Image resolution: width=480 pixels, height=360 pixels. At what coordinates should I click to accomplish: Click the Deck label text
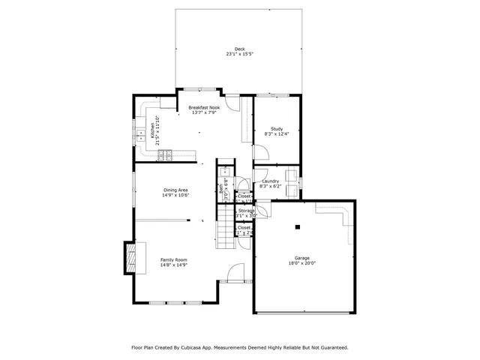coord(239,49)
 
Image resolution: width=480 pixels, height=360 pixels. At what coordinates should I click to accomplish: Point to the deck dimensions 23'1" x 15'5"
coord(239,54)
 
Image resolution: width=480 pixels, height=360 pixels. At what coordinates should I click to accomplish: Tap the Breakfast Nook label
coord(204,107)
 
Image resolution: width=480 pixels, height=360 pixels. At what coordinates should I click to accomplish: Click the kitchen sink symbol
coord(141,136)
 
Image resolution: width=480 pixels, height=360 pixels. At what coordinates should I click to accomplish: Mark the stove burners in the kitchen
coord(166,155)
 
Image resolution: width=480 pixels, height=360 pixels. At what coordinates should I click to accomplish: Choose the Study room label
coord(276,129)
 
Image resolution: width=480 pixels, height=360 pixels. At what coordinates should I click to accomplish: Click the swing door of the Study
coord(259,154)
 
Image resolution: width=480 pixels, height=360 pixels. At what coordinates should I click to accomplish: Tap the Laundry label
coord(271,181)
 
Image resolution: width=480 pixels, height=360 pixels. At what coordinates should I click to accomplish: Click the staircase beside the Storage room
coord(225,228)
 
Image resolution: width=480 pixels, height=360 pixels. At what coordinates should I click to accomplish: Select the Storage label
coord(245,211)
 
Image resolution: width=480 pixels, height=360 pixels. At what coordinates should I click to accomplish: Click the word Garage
coord(301,258)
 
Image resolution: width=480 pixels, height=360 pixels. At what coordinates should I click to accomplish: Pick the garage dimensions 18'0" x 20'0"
coord(301,263)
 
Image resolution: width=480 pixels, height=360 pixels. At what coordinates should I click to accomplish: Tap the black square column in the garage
coord(298,227)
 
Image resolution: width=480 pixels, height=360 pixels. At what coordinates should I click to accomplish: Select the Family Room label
coord(173,259)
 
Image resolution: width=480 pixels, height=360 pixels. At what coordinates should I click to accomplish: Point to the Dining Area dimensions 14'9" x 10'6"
coord(175,195)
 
